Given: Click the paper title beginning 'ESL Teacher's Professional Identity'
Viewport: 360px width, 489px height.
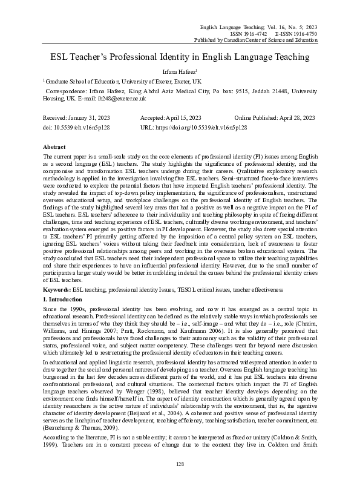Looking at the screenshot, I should pyautogui.click(x=180, y=57).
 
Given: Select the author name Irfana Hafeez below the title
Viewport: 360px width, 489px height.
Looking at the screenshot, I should pyautogui.click(x=179, y=71).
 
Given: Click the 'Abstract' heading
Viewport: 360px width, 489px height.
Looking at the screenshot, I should pyautogui.click(x=54, y=147).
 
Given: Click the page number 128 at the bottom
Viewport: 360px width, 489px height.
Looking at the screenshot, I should pyautogui.click(x=180, y=464).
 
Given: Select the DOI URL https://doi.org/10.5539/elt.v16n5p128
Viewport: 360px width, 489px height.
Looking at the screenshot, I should pyautogui.click(x=201, y=128).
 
